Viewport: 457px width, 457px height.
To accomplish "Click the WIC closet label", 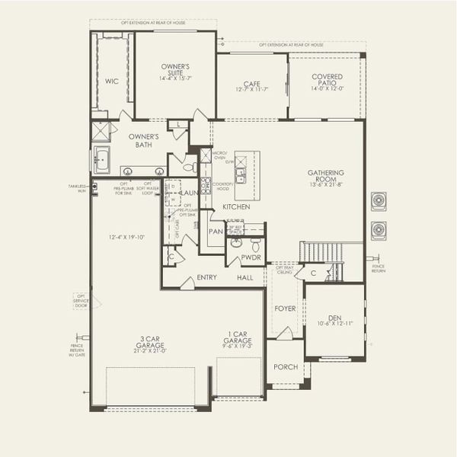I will [111, 81].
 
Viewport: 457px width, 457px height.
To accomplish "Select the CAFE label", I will [251, 85].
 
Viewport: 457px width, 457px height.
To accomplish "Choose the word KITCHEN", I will [237, 207].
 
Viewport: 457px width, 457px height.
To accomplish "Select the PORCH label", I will [286, 366].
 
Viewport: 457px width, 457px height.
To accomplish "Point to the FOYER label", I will [285, 308].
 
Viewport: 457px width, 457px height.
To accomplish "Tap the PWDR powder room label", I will [251, 257].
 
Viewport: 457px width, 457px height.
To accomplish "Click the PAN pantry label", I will [216, 231].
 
